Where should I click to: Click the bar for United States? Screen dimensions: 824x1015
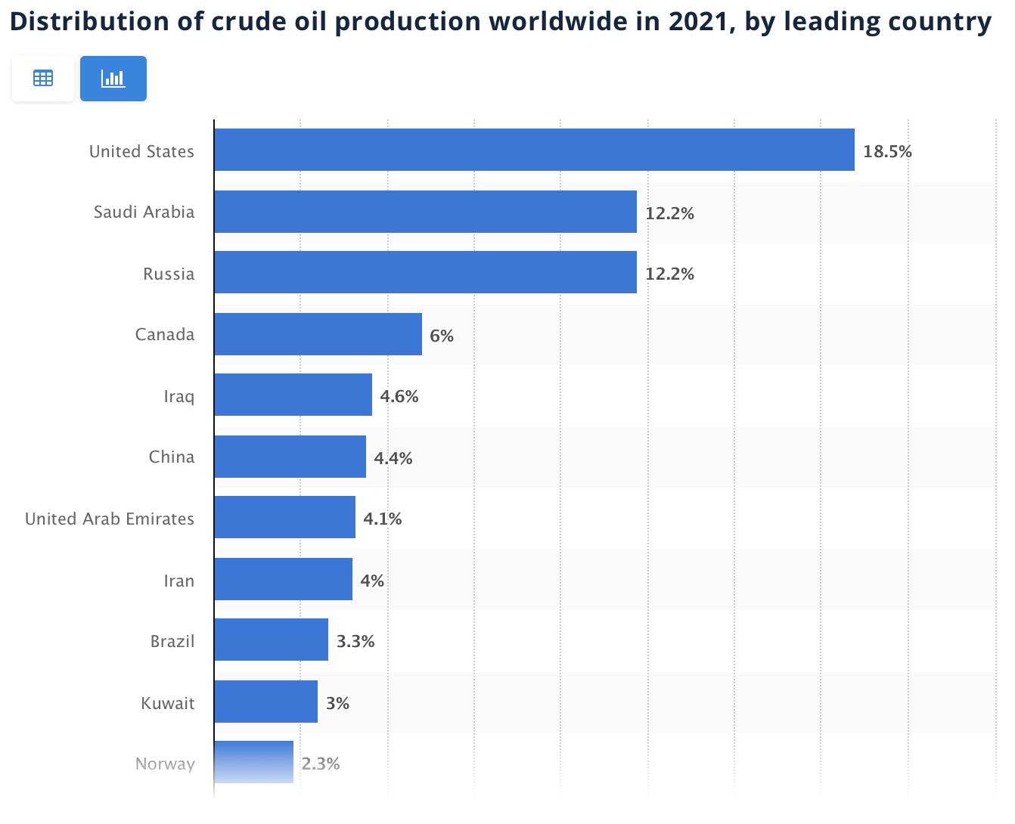tap(534, 150)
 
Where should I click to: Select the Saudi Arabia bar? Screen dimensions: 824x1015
tap(425, 212)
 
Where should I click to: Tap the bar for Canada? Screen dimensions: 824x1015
tap(318, 334)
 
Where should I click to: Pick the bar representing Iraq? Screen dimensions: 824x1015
tap(293, 395)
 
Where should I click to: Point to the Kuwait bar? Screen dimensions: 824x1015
tap(265, 702)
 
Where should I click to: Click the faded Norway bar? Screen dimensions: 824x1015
tap(253, 762)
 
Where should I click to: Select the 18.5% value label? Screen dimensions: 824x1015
tap(887, 151)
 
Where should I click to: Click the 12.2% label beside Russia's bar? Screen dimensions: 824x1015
tap(669, 274)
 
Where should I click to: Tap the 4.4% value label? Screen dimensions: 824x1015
tap(393, 458)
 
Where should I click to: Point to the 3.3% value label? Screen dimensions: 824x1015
tap(355, 641)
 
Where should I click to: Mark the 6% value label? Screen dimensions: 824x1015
tap(442, 336)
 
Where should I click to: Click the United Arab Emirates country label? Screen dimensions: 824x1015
tap(110, 519)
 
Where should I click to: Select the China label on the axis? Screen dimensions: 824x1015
tap(172, 457)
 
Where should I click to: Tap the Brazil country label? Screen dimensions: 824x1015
tap(172, 641)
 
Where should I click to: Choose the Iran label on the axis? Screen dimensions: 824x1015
tap(179, 581)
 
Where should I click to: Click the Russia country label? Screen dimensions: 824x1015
tap(169, 274)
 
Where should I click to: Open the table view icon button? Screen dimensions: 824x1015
tap(43, 79)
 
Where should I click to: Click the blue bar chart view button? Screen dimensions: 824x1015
tap(113, 79)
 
